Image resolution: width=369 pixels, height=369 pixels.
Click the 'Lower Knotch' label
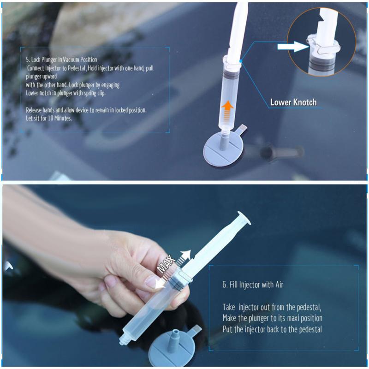pyautogui.click(x=293, y=102)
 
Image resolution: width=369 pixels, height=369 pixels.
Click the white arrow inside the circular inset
pyautogui.click(x=292, y=46)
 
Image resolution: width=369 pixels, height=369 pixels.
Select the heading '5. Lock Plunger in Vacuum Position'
pyautogui.click(x=61, y=60)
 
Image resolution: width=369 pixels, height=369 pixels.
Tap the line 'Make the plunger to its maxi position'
pyautogui.click(x=272, y=318)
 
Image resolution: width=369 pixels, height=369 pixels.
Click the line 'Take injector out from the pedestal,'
pyautogui.click(x=272, y=307)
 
